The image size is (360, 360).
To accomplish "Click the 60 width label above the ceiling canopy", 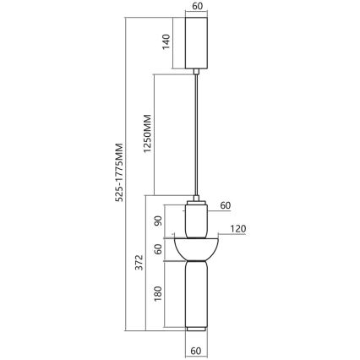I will point(196,6).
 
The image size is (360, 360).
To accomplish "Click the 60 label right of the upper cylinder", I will point(226,205).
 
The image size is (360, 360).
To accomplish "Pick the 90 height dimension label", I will point(157,221).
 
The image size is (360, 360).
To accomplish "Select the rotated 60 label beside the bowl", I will point(157,250).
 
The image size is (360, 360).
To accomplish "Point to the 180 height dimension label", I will point(157,294).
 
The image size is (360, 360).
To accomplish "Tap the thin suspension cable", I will point(196,135).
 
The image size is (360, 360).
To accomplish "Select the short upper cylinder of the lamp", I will point(196,221).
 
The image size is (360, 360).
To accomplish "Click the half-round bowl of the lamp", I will point(196,248).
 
